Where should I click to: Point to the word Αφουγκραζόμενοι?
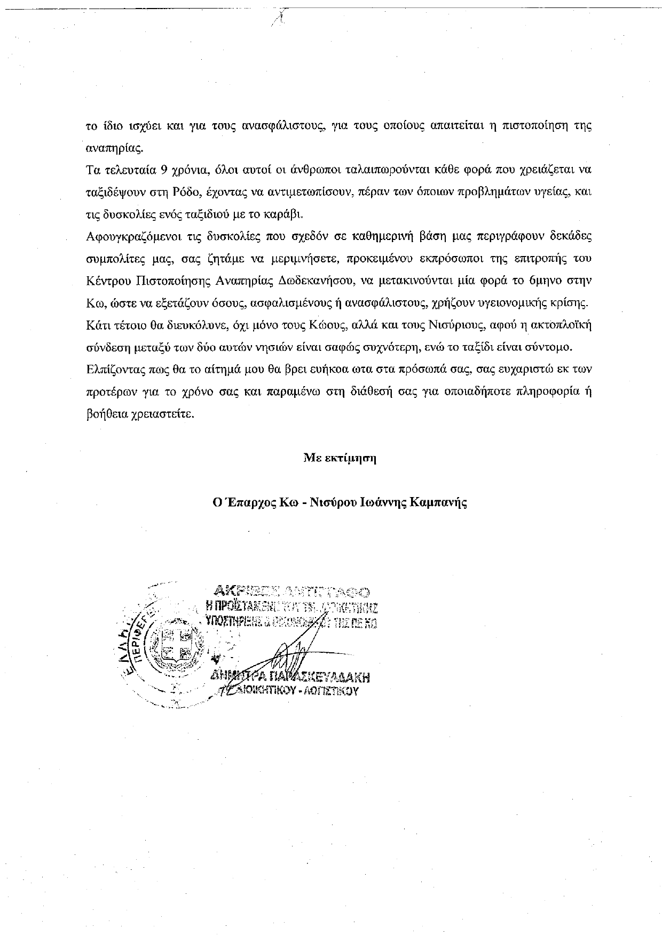tap(122, 236)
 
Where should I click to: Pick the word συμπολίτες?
tap(109, 259)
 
